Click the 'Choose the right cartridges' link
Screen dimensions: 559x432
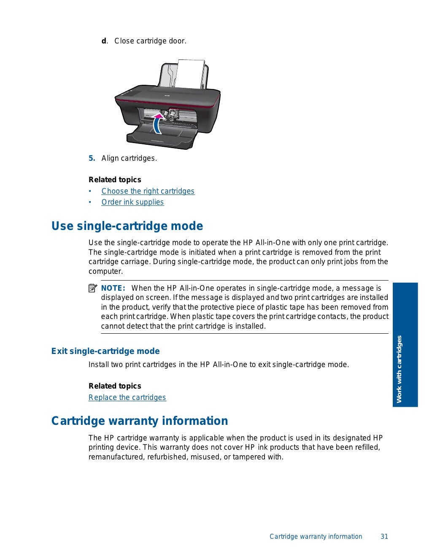148,191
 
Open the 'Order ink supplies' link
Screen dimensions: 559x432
132,202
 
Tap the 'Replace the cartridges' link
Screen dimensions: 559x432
127,397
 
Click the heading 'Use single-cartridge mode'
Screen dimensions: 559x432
127,226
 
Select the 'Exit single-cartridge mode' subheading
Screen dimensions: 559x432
105,351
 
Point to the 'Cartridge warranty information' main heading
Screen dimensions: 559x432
140,421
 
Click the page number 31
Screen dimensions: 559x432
384,537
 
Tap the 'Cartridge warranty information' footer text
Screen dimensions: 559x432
316,537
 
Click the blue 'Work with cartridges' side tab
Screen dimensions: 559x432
405,345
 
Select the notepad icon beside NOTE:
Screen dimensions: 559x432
93,289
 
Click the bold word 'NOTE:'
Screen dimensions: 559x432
113,289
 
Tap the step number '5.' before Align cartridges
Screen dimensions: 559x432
92,159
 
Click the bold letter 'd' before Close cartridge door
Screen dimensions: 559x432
104,41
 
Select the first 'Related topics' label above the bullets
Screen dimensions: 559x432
115,180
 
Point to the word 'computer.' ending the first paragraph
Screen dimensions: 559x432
105,272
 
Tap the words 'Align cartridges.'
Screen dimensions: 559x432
129,159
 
